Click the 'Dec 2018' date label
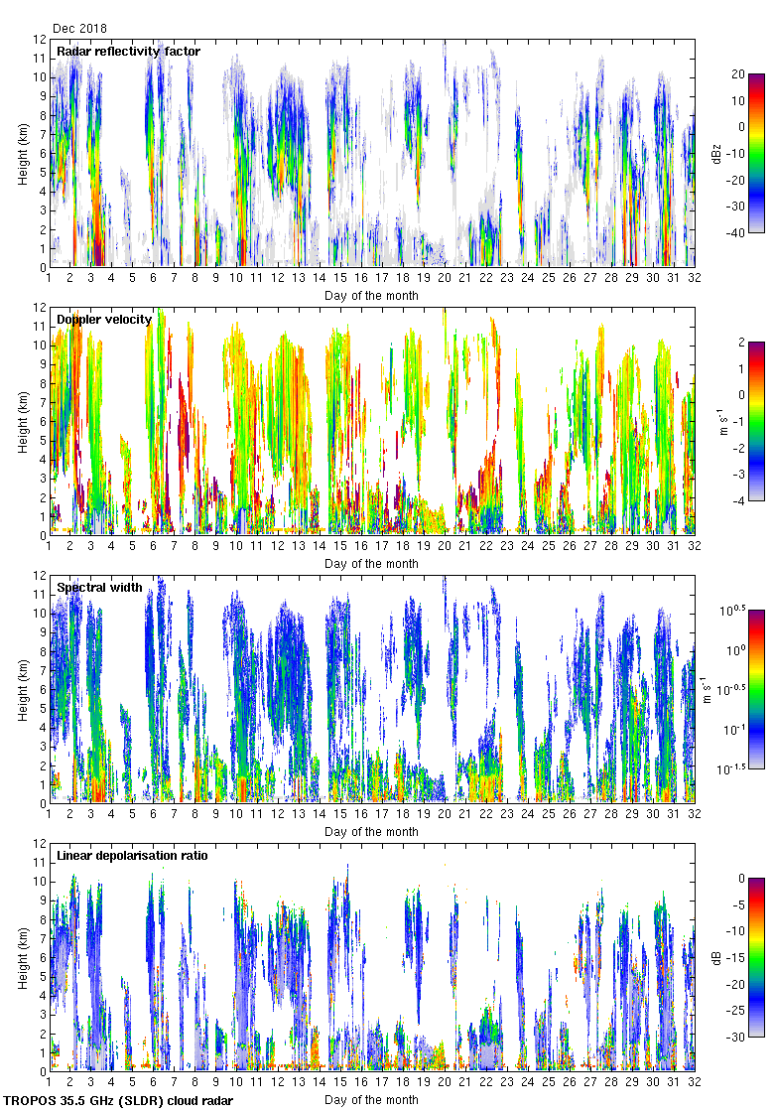point(79,29)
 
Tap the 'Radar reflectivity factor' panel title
point(128,51)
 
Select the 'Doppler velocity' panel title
point(104,319)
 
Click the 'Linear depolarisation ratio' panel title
point(132,855)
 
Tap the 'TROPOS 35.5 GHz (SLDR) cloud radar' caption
point(118,1101)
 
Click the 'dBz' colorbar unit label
point(715,153)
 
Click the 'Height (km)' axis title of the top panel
point(23,154)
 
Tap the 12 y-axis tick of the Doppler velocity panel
point(40,308)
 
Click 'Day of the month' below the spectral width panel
point(371,832)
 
